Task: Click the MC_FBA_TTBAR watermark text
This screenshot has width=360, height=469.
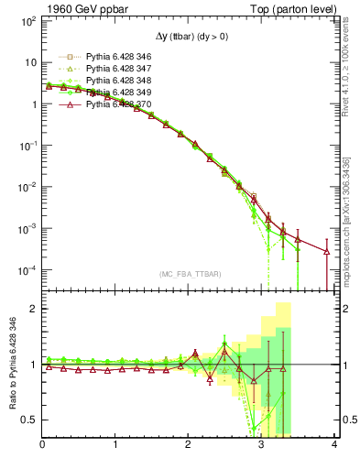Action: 189,274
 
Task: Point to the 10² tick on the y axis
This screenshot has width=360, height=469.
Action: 27,21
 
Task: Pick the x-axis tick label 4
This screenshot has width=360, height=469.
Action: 335,446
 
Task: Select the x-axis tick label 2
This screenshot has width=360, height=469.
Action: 189,446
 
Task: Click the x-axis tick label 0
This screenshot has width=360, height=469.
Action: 42,446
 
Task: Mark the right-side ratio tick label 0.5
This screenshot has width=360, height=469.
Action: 349,420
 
